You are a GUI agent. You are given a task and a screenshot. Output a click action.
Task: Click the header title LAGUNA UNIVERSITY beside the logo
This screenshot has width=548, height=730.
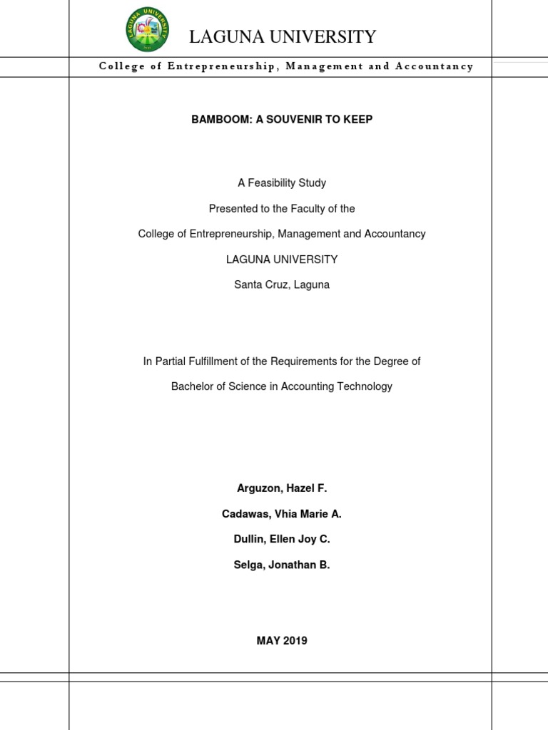(x=282, y=37)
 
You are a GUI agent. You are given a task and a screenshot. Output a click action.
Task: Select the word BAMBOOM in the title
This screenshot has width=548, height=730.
(x=216, y=119)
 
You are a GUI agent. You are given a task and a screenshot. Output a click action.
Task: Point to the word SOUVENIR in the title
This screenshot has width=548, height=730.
(x=291, y=119)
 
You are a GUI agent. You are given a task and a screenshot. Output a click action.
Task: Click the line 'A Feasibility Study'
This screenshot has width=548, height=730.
(x=282, y=183)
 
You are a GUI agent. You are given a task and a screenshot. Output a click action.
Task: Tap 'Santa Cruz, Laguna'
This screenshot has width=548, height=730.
(x=282, y=285)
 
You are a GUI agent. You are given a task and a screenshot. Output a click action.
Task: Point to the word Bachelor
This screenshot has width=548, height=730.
(x=193, y=387)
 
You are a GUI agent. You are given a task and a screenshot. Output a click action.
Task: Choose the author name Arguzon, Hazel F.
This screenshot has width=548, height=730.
(x=282, y=488)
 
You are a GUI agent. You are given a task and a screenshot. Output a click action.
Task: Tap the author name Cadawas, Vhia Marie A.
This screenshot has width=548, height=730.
(x=282, y=514)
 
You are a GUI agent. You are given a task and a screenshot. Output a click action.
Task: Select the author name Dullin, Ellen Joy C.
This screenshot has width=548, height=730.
(x=282, y=540)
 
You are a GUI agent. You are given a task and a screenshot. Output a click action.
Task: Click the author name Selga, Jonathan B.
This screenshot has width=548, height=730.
(x=282, y=565)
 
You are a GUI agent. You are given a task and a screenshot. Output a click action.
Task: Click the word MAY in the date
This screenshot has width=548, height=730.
(x=267, y=641)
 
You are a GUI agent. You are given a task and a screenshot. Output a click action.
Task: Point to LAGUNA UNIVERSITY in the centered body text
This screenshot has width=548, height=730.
(x=282, y=259)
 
